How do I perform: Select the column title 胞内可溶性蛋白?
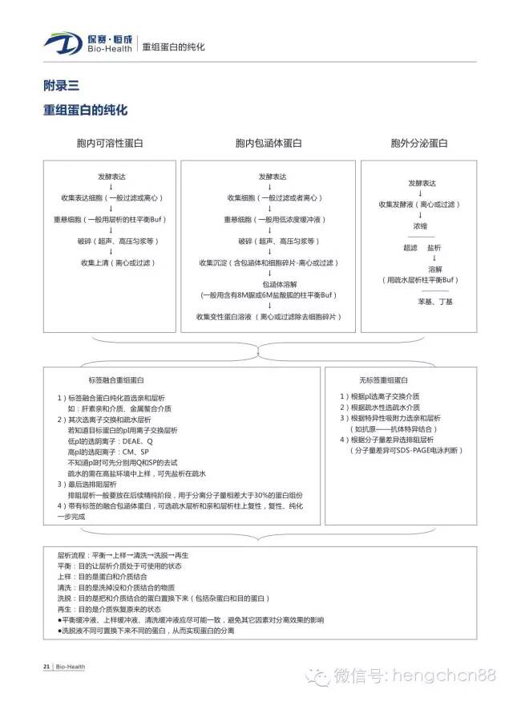(110, 144)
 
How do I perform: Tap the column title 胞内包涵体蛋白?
(269, 144)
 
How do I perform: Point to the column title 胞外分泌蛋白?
(419, 144)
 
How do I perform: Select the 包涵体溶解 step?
(269, 284)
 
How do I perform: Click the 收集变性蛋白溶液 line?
(269, 317)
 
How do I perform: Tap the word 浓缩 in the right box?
(420, 226)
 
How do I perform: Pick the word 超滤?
(410, 248)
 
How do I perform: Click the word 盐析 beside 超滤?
(434, 248)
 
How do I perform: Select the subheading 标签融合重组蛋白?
(116, 379)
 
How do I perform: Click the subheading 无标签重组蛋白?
(384, 379)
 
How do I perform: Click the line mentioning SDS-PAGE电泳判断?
(405, 452)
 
